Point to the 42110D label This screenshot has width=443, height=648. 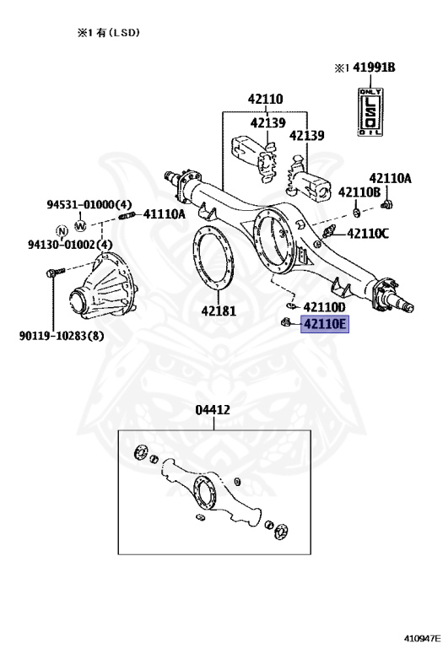pyautogui.click(x=324, y=307)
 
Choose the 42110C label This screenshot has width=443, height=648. pyautogui.click(x=368, y=234)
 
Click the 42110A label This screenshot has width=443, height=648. pyautogui.click(x=390, y=178)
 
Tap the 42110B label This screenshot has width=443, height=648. pyautogui.click(x=359, y=192)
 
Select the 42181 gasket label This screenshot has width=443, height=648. pyautogui.click(x=219, y=310)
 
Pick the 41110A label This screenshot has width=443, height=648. pyautogui.click(x=164, y=214)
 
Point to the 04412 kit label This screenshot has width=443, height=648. pyautogui.click(x=213, y=410)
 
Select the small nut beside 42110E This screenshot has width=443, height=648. pyautogui.click(x=286, y=321)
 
